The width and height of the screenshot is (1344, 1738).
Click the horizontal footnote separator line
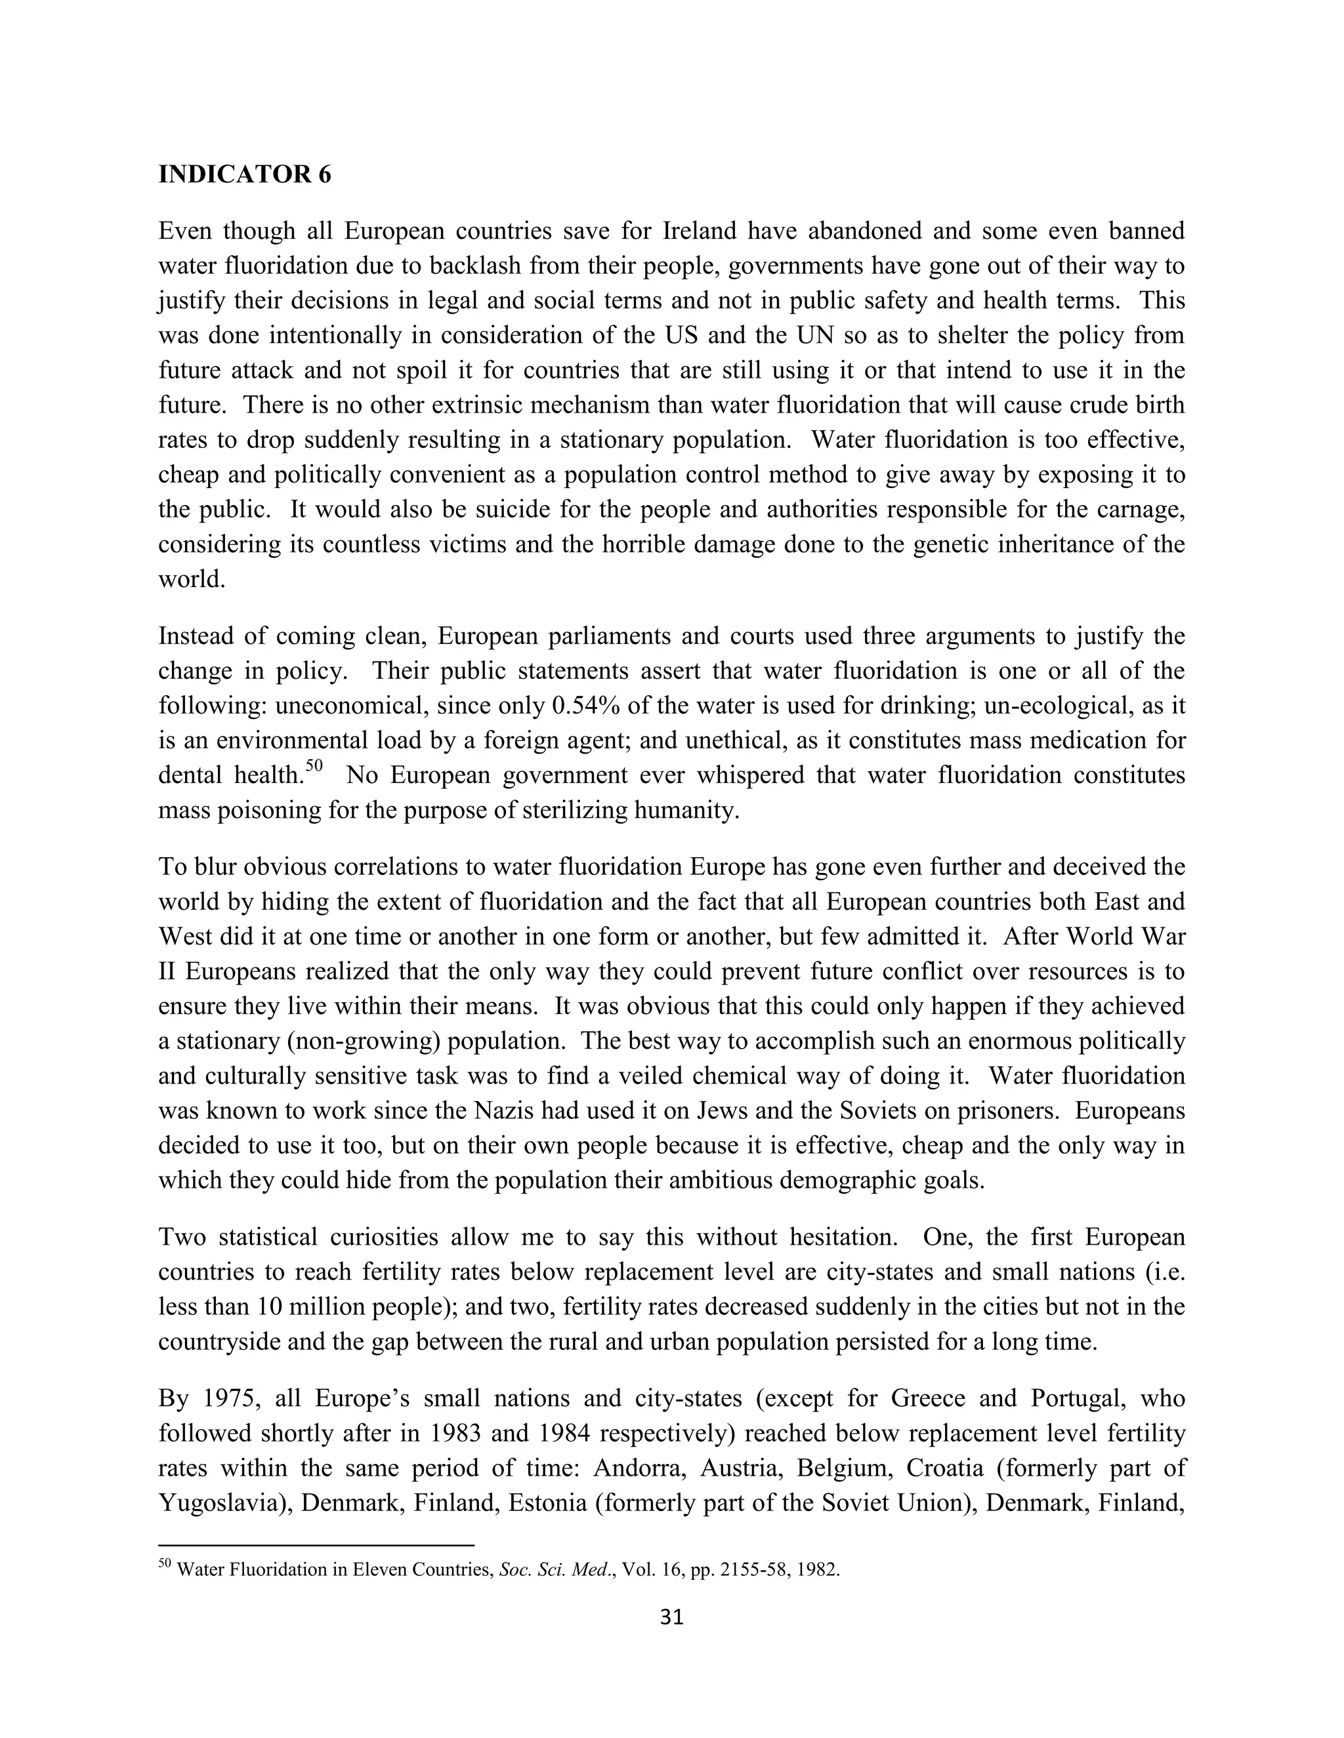pyautogui.click(x=316, y=1545)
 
